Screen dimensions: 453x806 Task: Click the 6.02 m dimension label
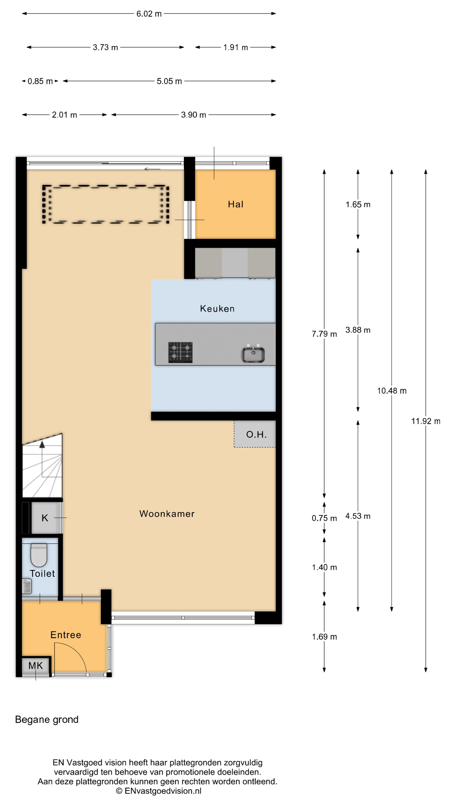point(149,14)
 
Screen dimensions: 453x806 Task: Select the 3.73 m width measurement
point(105,47)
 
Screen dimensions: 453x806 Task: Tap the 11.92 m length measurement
point(426,421)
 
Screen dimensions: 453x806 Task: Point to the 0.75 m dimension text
point(324,518)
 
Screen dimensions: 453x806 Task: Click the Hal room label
point(235,204)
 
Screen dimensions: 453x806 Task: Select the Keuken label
point(217,309)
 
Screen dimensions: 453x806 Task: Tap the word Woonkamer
point(167,514)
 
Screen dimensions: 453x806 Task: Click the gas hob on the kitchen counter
point(180,353)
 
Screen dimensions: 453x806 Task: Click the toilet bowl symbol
point(39,555)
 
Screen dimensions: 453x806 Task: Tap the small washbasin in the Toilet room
point(27,586)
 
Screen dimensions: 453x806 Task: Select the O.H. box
point(255,434)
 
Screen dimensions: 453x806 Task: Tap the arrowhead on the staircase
point(42,444)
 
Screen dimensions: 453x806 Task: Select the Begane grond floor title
point(47,720)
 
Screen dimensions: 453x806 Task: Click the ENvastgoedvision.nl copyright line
point(159,791)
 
